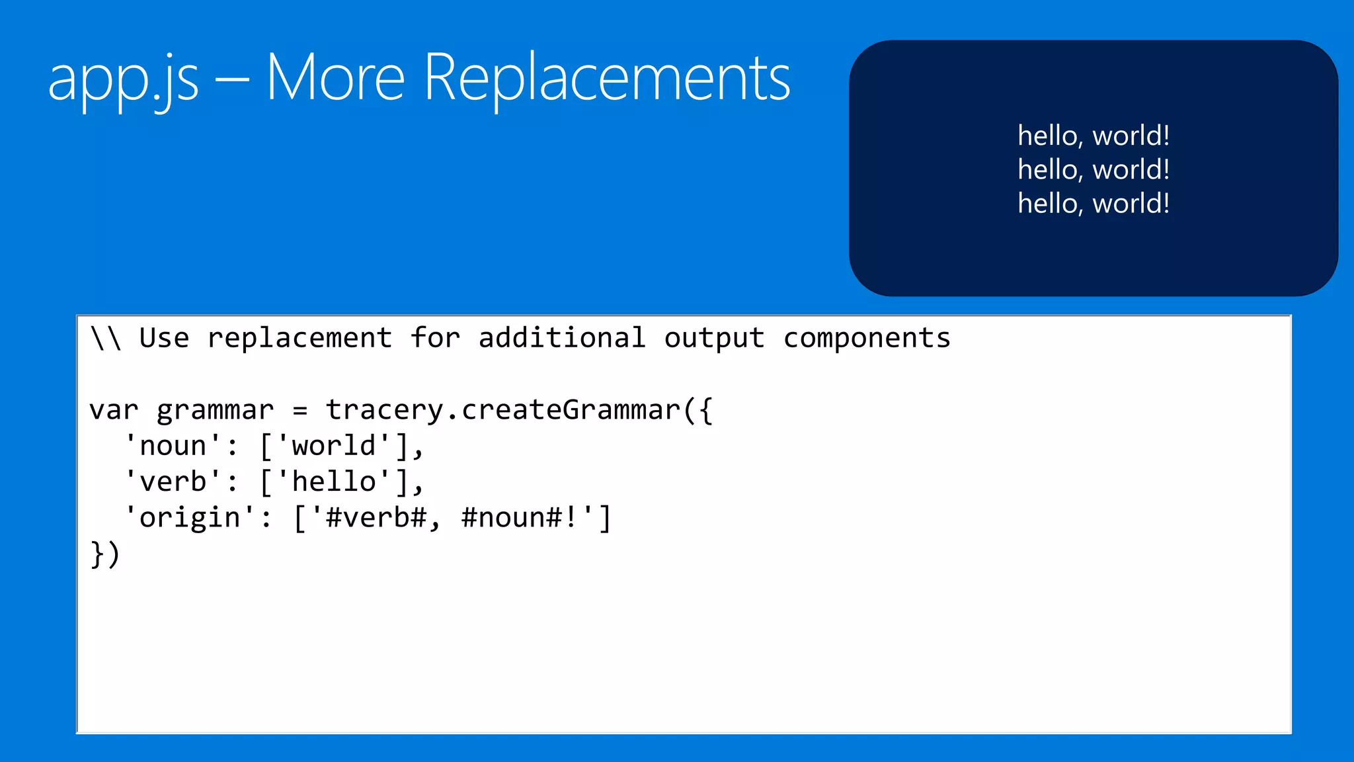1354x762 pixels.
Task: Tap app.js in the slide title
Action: click(123, 79)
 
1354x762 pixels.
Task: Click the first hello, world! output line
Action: click(1094, 136)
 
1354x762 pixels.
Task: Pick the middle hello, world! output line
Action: click(1094, 169)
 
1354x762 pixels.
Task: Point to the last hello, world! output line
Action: click(1094, 203)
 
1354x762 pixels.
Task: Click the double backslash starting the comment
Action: click(106, 338)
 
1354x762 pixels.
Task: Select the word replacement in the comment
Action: click(299, 338)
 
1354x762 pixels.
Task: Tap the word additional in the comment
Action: click(562, 338)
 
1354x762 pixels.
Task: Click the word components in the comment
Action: click(867, 338)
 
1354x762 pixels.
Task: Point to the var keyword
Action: click(114, 410)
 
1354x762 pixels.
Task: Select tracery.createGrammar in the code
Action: click(502, 410)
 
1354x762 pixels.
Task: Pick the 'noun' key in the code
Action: click(173, 446)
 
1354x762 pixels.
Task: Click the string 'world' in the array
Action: click(334, 446)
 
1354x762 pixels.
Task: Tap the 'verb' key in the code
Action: click(173, 482)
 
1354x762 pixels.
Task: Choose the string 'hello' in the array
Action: click(334, 482)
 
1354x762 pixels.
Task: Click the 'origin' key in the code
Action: click(190, 517)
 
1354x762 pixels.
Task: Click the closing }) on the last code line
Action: click(105, 554)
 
